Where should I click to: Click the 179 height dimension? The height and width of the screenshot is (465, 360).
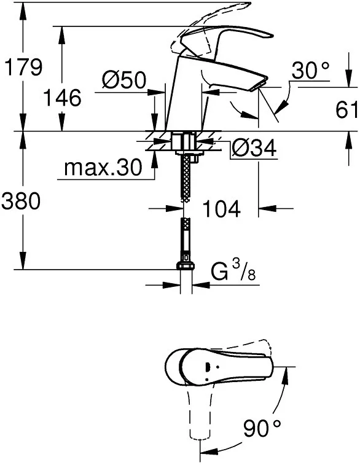pos(24,67)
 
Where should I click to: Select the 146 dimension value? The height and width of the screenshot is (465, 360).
pos(62,98)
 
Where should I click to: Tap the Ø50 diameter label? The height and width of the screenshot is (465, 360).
pos(124,79)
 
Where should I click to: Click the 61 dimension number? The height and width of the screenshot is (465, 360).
pos(347,109)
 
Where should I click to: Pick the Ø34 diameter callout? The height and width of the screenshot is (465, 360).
pos(254,147)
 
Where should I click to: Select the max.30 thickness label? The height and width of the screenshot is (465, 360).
pos(103,168)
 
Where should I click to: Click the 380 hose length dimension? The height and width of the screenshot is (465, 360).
pos(20,200)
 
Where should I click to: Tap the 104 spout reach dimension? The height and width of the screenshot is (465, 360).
pos(221,208)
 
